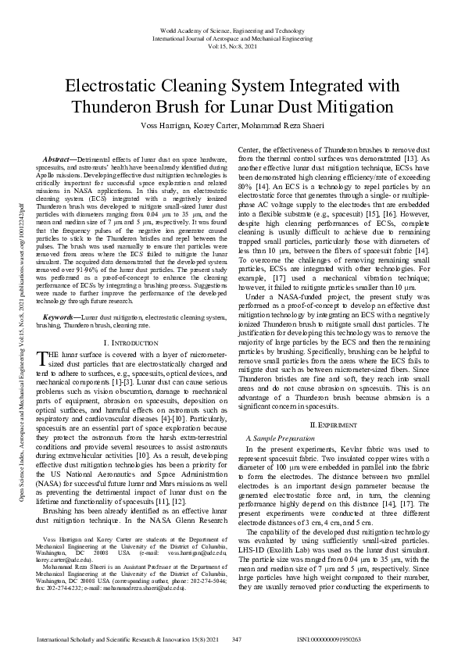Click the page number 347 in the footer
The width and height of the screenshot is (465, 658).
coord(238,639)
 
